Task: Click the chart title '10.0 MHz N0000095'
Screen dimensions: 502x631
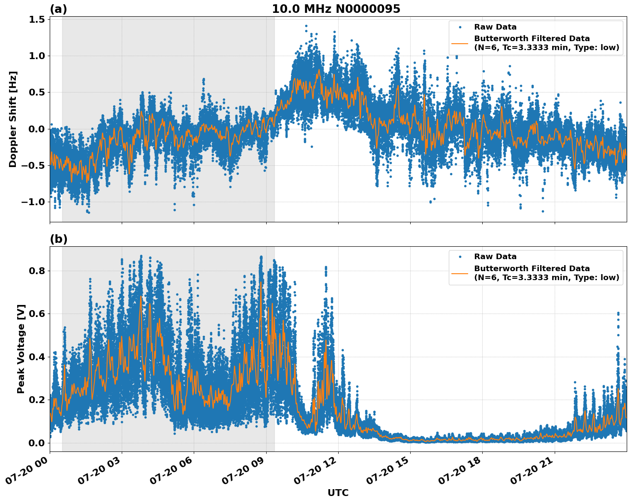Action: click(336, 9)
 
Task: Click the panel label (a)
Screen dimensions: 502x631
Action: click(58, 9)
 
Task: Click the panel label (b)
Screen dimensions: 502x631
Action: click(58, 239)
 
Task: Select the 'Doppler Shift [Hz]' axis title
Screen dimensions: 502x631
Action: click(13, 119)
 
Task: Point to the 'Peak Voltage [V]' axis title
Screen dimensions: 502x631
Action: click(21, 349)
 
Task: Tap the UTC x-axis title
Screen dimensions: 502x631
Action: click(338, 493)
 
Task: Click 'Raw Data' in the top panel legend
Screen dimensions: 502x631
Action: click(495, 27)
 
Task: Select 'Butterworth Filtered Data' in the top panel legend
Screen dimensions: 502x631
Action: click(532, 39)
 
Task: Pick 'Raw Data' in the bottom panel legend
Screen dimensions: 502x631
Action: click(495, 257)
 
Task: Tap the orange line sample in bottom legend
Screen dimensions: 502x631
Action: click(460, 273)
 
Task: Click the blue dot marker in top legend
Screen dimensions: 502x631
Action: click(460, 27)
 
